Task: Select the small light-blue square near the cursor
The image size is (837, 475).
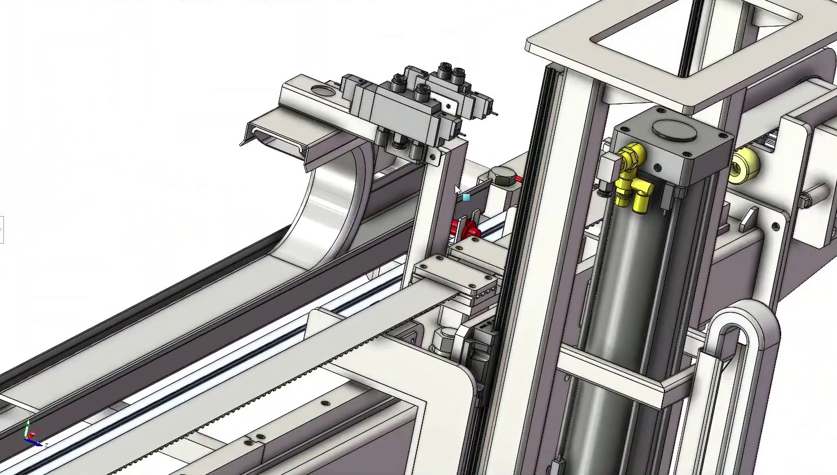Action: click(x=466, y=197)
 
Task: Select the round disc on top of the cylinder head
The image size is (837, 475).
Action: click(x=674, y=131)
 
